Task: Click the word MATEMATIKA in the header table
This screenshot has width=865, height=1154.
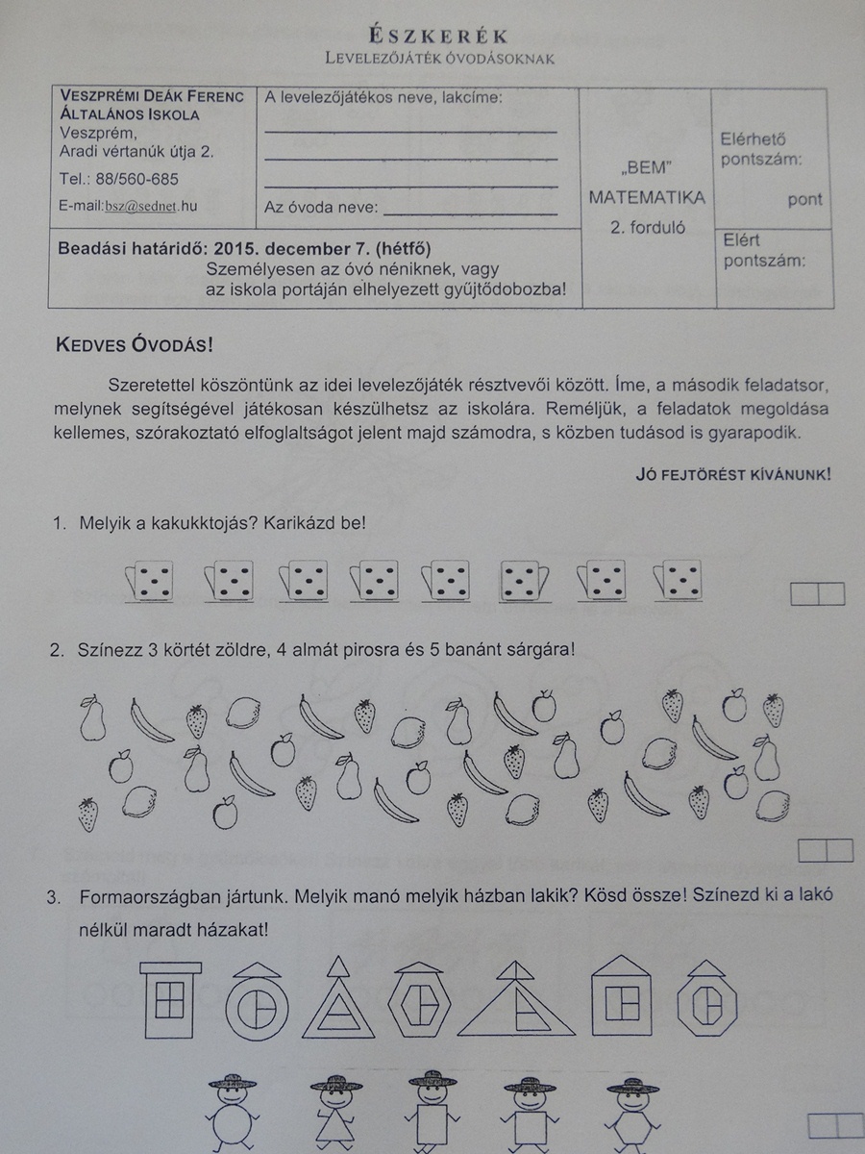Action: tap(647, 197)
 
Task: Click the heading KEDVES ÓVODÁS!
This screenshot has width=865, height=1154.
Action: tap(135, 345)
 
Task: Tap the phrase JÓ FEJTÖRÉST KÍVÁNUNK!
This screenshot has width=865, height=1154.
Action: tap(733, 473)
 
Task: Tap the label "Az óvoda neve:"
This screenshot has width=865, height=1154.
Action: tap(321, 207)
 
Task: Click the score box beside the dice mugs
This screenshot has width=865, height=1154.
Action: tap(817, 594)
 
